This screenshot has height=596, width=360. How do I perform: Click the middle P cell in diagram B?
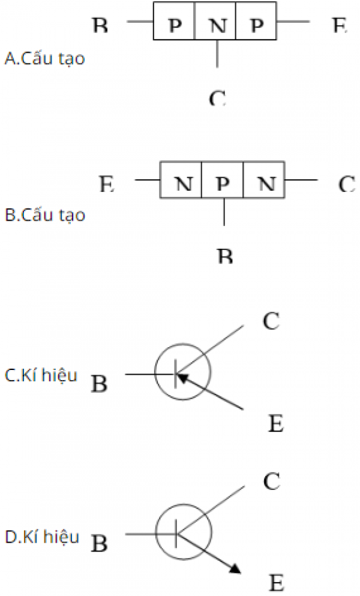click(x=223, y=182)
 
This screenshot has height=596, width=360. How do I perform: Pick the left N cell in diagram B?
click(x=182, y=182)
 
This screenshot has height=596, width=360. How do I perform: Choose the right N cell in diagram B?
click(x=264, y=182)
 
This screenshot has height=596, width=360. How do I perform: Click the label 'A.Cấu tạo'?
click(x=44, y=59)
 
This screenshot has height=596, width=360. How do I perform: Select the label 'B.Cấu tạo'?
click(x=45, y=215)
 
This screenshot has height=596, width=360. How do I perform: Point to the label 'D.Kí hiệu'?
click(x=41, y=537)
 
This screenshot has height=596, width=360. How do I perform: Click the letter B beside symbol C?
click(x=100, y=383)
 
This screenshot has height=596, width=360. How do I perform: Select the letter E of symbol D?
click(x=277, y=583)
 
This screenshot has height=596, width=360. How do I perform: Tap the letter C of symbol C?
click(x=271, y=322)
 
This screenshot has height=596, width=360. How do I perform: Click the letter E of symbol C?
click(x=275, y=424)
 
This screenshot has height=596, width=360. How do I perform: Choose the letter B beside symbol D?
click(x=100, y=544)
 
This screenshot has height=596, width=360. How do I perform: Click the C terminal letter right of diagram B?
click(x=346, y=183)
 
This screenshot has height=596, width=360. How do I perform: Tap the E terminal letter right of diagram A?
click(x=339, y=26)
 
